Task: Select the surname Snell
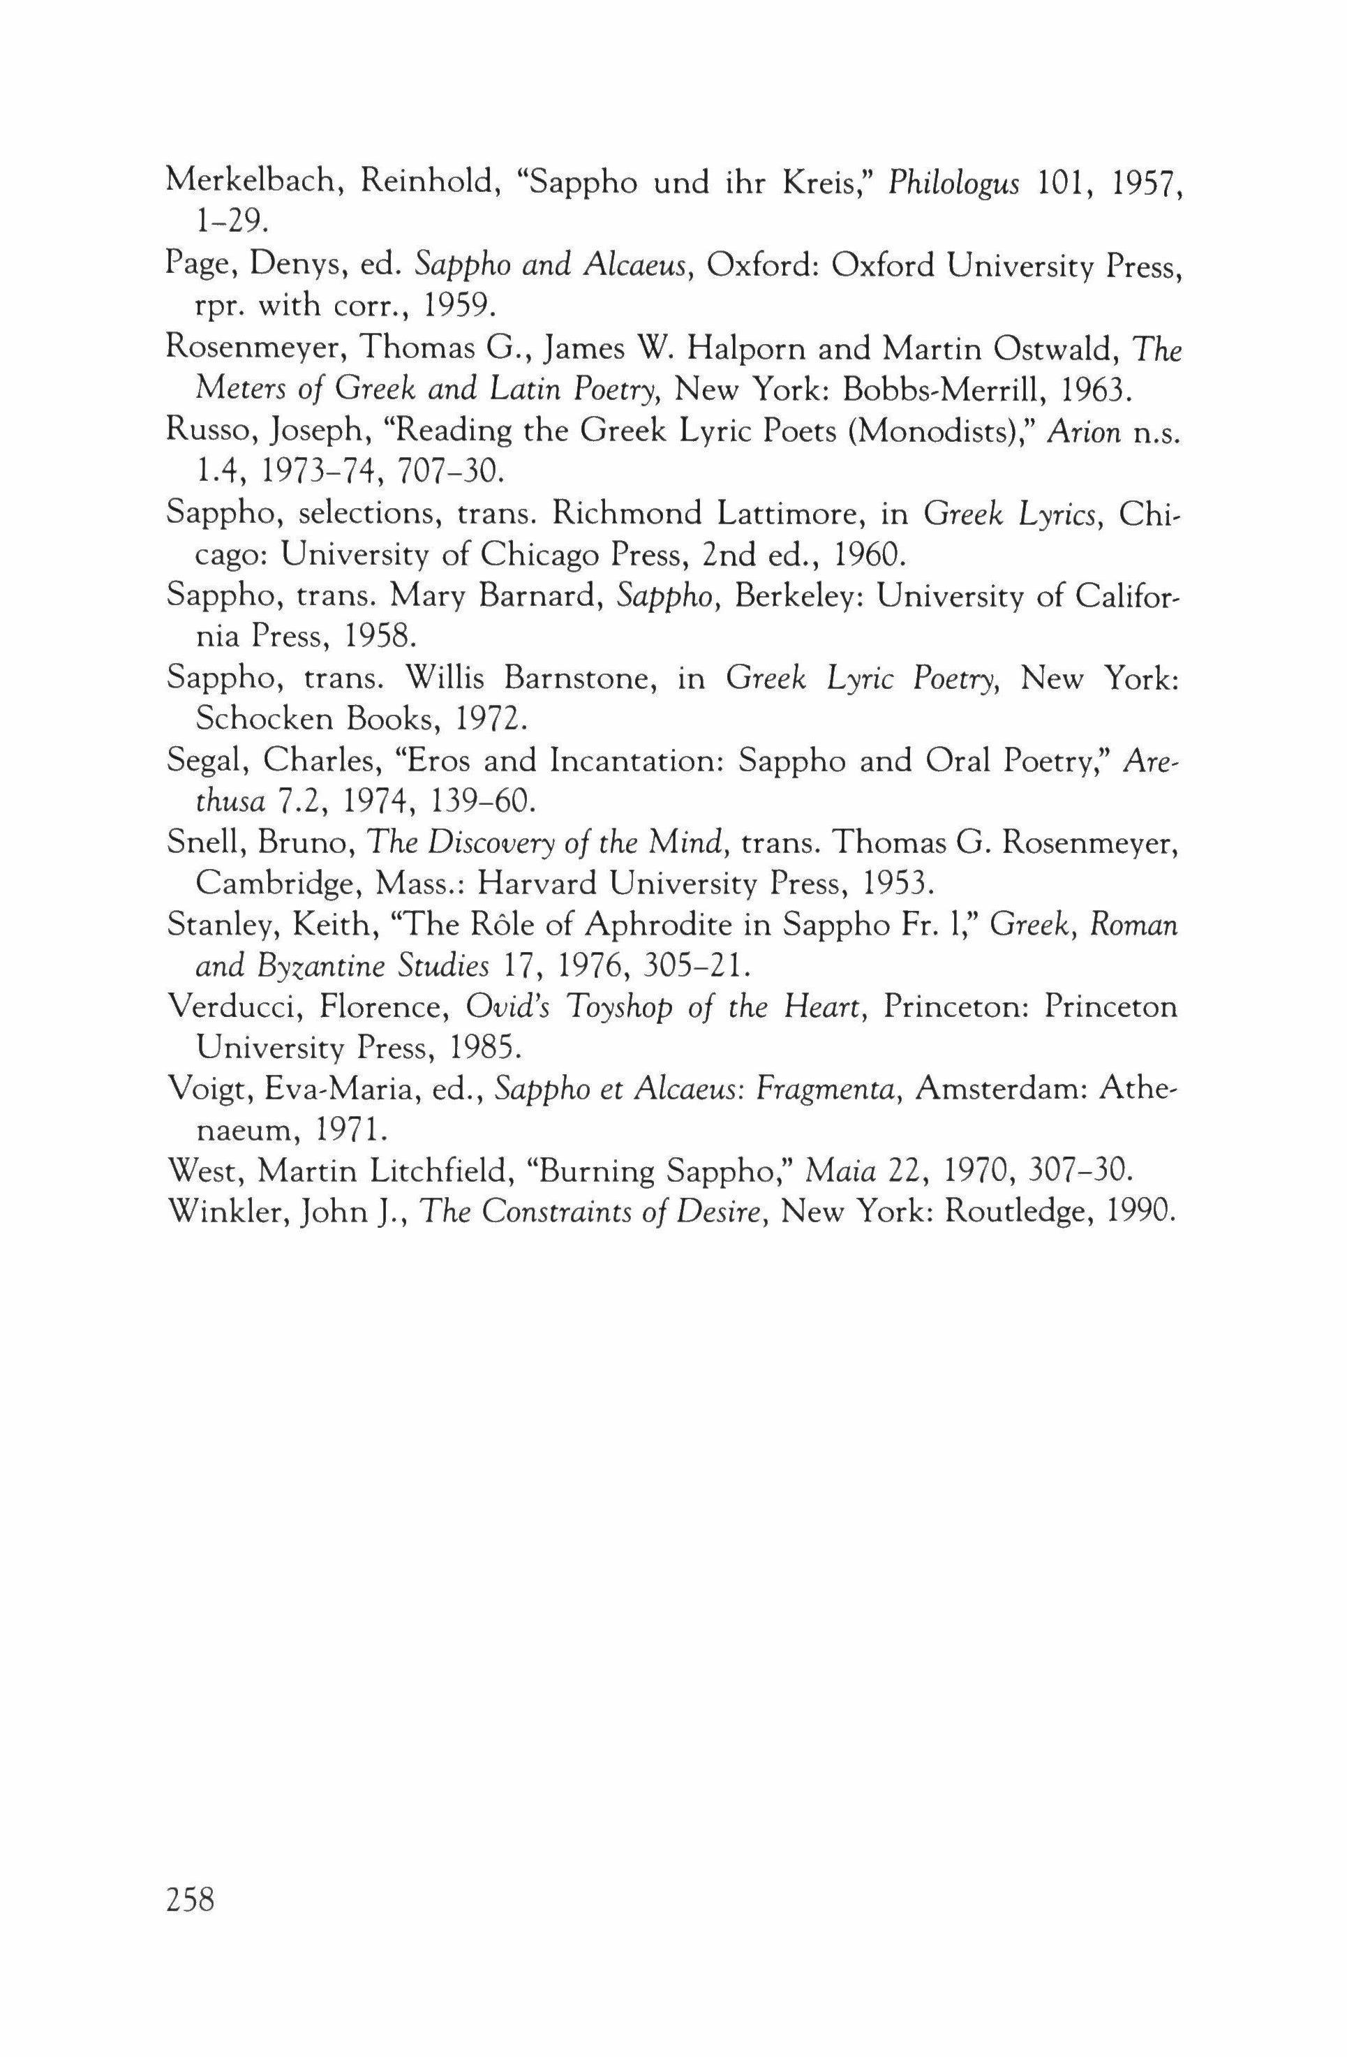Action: [x=204, y=842]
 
